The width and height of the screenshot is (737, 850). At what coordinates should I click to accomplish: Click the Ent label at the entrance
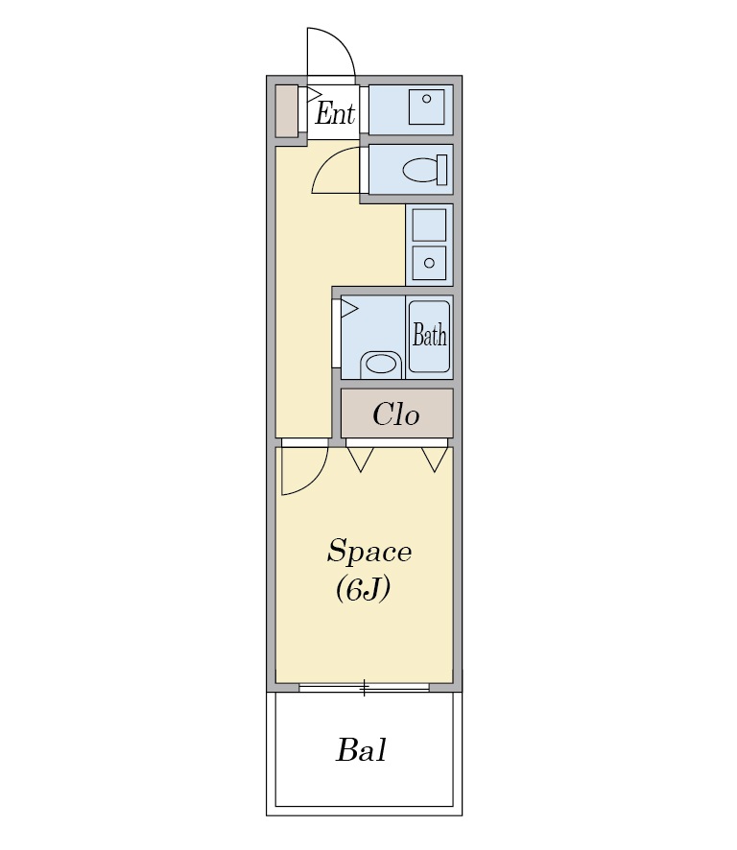point(335,113)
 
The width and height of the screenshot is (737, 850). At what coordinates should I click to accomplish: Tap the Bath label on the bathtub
point(430,334)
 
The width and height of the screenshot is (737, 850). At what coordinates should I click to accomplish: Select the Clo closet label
point(396,414)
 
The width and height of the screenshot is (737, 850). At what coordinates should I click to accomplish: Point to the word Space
point(369,552)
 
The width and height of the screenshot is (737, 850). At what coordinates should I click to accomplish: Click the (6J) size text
point(363,589)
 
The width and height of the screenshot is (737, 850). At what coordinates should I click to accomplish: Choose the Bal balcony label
point(361,750)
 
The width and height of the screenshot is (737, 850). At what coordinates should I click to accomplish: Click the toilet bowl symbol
point(420,170)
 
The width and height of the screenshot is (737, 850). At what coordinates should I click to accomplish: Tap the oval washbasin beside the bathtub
point(381,364)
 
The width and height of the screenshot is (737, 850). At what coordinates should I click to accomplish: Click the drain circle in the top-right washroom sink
point(427,99)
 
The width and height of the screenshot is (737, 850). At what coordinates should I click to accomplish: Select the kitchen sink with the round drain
point(429,263)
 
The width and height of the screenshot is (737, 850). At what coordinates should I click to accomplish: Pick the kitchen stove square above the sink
point(429,224)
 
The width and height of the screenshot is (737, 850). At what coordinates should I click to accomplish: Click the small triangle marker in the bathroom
point(349,309)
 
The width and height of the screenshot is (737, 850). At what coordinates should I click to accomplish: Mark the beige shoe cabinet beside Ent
point(287,111)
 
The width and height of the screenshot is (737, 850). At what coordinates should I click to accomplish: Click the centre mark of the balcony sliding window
point(365,688)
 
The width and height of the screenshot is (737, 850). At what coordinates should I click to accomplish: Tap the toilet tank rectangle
point(442,170)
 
